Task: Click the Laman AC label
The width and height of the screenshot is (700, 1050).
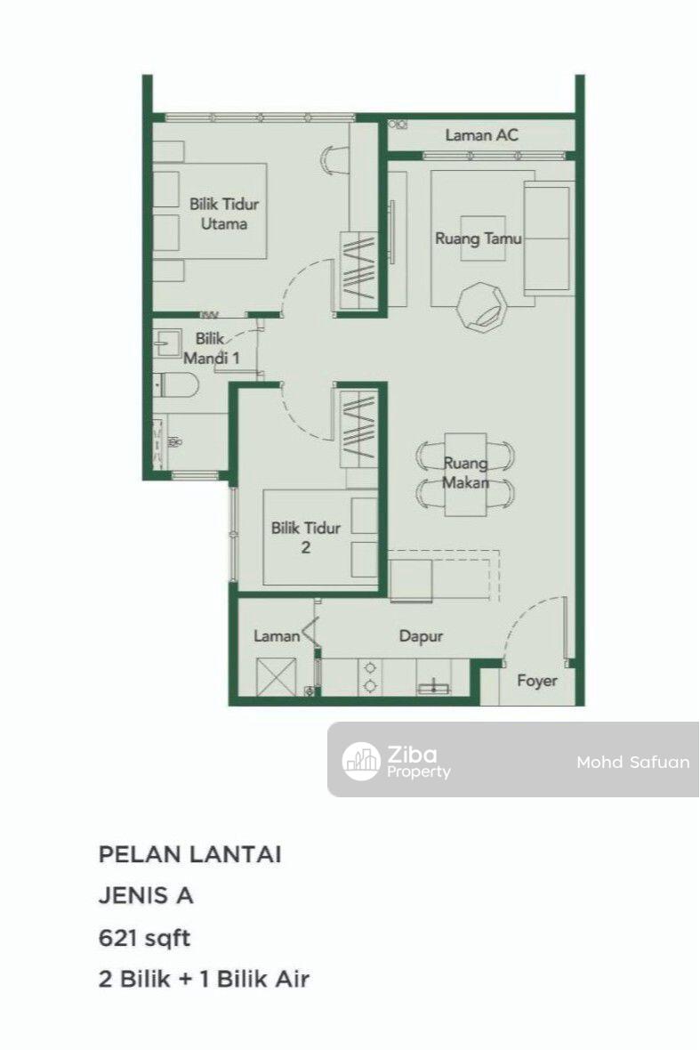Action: (481, 134)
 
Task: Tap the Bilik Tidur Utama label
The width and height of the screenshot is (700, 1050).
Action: (223, 214)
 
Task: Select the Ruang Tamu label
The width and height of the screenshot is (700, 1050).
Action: (479, 238)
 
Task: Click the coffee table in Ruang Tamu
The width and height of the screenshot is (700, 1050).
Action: (483, 238)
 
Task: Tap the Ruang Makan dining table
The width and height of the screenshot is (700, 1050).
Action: (466, 474)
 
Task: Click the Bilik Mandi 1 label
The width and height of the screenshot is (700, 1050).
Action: (212, 348)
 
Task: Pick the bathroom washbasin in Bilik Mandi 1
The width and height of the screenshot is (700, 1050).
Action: (167, 343)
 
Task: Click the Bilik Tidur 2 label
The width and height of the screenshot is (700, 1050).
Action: (305, 537)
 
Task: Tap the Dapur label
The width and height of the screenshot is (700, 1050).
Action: (421, 636)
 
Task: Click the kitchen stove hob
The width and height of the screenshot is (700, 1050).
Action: (369, 676)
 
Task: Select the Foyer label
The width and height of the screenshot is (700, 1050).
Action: (536, 681)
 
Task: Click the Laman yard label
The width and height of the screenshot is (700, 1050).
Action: (277, 635)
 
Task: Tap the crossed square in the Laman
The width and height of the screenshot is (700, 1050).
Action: (276, 677)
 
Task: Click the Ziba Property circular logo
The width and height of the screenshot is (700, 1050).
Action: (361, 762)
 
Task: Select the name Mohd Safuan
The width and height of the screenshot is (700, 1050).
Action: (633, 762)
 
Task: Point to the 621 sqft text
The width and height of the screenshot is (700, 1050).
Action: (145, 939)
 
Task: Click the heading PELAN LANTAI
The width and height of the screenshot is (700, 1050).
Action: (190, 854)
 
